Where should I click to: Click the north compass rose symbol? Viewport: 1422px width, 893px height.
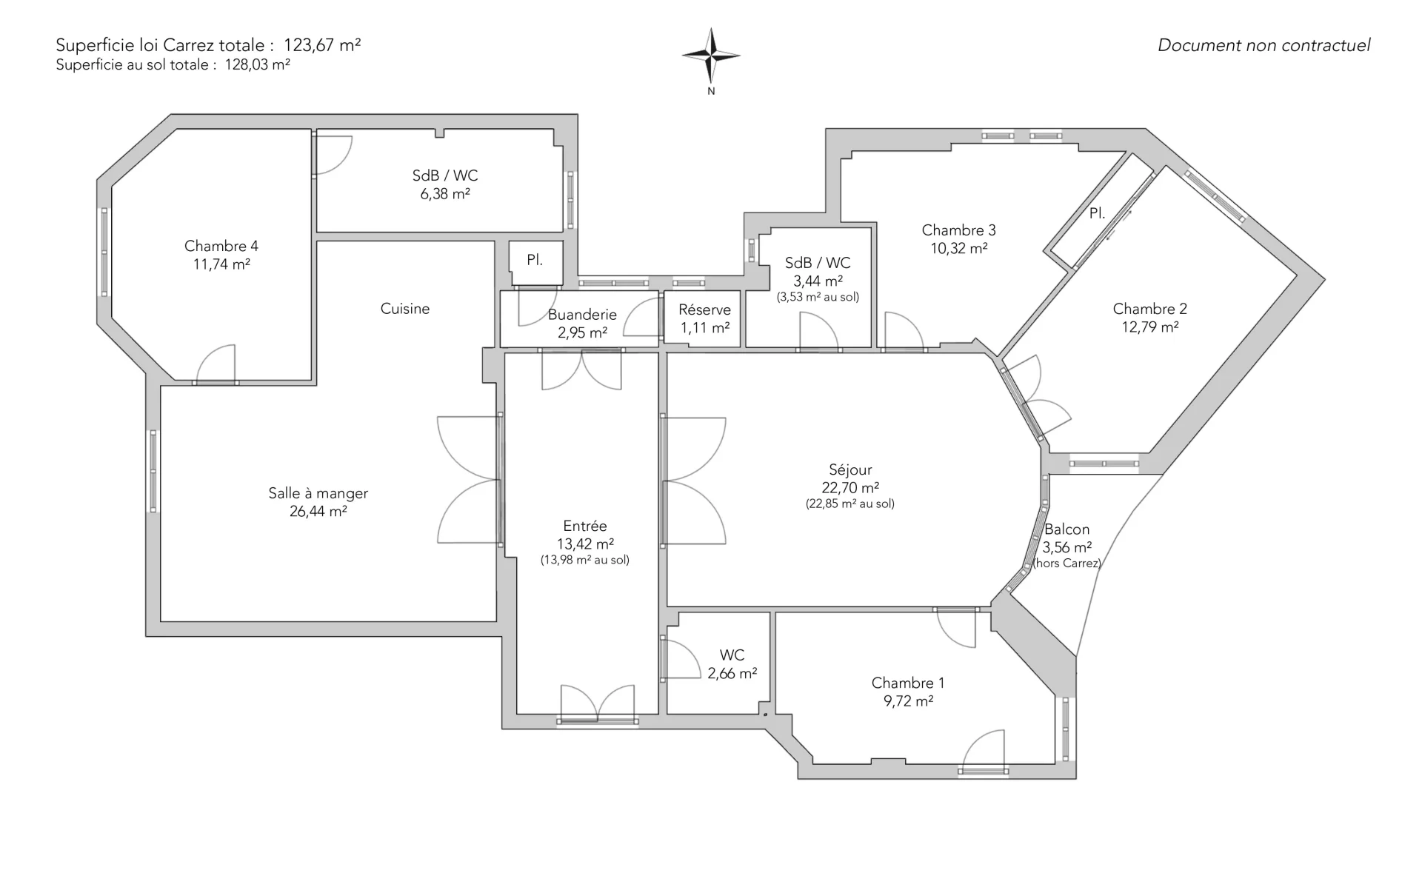click(711, 56)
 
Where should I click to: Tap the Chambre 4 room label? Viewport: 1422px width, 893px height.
click(221, 246)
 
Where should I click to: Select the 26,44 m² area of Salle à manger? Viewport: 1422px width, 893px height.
click(318, 511)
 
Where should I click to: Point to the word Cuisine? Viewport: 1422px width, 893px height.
click(405, 309)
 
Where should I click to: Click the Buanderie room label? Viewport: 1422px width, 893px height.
click(582, 315)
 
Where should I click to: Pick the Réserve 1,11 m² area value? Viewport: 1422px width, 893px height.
click(705, 327)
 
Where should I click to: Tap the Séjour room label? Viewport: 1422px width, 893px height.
click(850, 469)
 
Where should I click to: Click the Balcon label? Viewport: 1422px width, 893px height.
click(1066, 529)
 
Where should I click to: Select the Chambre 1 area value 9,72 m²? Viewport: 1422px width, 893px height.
click(908, 700)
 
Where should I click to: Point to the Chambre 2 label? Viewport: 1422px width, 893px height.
click(1150, 309)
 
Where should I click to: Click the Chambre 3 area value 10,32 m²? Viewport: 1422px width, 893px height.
click(959, 248)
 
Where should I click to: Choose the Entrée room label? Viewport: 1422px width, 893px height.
click(585, 526)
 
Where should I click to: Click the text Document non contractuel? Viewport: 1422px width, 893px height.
click(1264, 45)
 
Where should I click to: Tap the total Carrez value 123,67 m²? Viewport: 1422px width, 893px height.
click(322, 45)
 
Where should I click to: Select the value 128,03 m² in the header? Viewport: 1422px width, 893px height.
click(258, 64)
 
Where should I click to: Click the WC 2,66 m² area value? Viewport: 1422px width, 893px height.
click(732, 673)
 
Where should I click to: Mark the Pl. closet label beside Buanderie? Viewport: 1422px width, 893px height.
click(535, 260)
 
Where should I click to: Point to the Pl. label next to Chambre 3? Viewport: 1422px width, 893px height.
click(1098, 213)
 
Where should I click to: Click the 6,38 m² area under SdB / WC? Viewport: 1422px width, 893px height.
click(445, 194)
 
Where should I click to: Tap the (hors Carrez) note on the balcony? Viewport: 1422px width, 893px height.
click(1067, 563)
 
